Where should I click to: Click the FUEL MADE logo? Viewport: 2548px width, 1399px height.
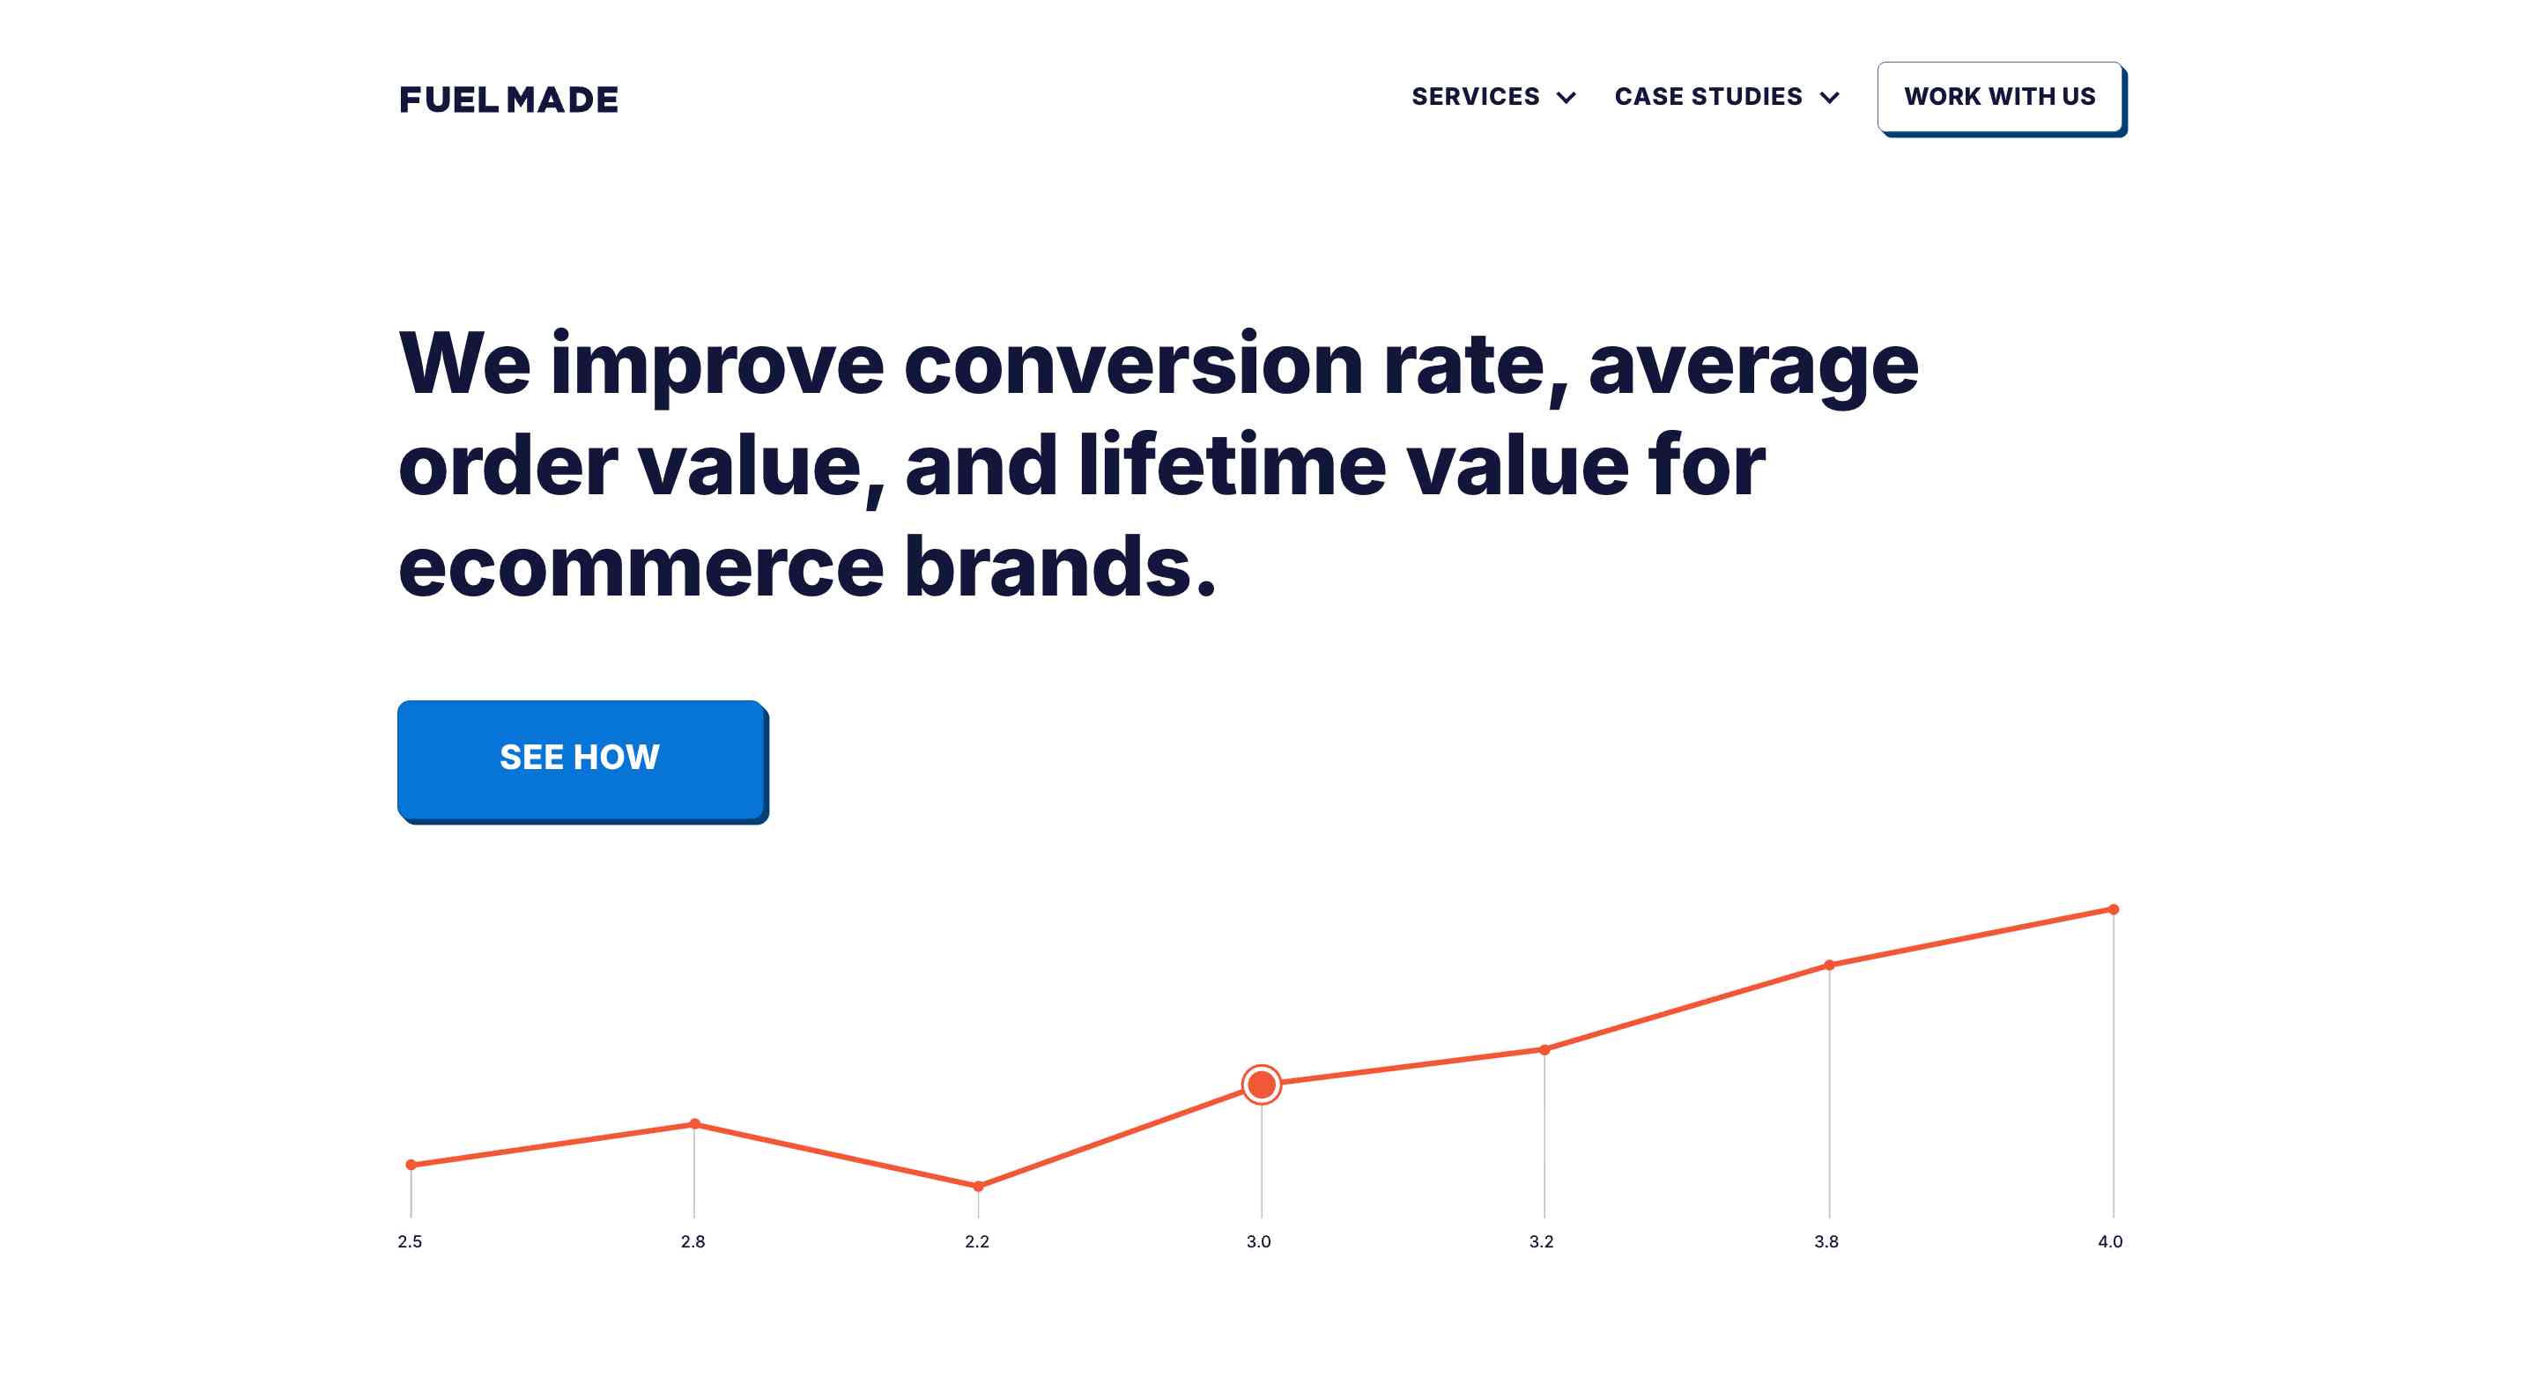point(508,99)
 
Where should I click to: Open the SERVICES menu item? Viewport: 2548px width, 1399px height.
point(1475,96)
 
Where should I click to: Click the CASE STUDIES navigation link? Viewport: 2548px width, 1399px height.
point(1708,96)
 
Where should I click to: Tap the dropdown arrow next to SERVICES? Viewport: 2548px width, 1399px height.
point(1567,97)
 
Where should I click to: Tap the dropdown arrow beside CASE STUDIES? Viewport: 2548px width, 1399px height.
point(1830,97)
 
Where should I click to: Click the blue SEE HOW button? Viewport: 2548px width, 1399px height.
point(581,760)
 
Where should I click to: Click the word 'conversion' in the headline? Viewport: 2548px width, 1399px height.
point(1134,364)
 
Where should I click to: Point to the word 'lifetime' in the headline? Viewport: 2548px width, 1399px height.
point(1233,465)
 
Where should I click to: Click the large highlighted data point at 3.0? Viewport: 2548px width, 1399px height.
point(1261,1084)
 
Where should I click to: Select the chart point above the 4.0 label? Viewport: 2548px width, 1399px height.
point(2114,909)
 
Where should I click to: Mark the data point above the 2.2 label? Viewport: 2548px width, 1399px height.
point(978,1185)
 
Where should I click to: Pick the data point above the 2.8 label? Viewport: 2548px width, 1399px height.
point(694,1123)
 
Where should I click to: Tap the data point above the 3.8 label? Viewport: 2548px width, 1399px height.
point(1829,965)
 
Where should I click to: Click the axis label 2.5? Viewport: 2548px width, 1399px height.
point(410,1241)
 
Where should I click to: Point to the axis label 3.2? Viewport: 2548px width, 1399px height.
point(1541,1241)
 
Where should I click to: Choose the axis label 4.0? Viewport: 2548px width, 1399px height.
point(2110,1241)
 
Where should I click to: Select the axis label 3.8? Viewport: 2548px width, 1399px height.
point(1826,1241)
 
